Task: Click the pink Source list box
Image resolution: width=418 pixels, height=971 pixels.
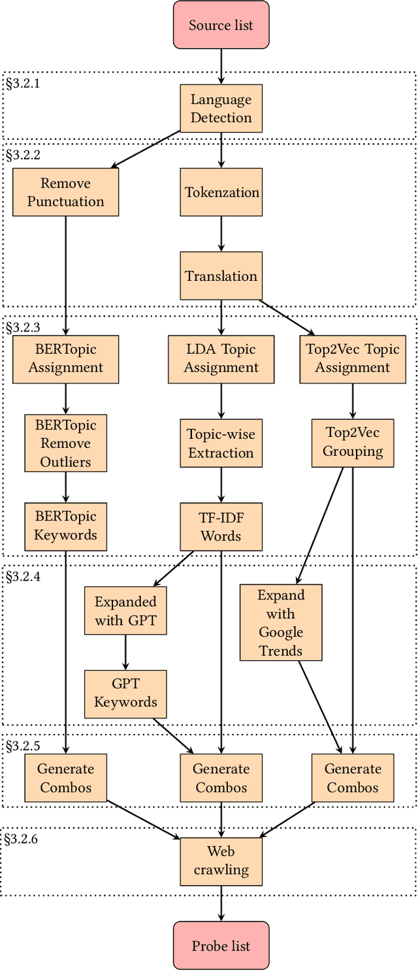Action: (221, 25)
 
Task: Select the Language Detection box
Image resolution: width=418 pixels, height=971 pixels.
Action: (221, 108)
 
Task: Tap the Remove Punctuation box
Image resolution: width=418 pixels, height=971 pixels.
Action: (65, 192)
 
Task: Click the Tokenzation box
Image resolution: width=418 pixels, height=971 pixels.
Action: (221, 192)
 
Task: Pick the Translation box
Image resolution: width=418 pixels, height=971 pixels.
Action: (221, 276)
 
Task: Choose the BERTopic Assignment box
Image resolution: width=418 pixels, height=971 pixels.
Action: (65, 358)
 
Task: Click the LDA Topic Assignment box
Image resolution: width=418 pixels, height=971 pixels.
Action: (221, 358)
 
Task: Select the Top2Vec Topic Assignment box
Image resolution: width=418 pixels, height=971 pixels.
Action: (353, 358)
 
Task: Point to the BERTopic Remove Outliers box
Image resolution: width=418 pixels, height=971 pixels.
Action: (65, 443)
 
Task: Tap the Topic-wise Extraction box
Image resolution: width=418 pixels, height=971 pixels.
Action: (221, 443)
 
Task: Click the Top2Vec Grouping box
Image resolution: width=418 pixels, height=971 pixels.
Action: (353, 443)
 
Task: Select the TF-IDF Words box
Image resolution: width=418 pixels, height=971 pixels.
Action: (221, 526)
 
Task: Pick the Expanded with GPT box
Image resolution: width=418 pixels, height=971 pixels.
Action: (125, 611)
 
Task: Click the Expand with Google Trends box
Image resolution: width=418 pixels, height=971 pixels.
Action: (281, 622)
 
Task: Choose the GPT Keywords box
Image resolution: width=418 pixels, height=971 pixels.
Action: (125, 693)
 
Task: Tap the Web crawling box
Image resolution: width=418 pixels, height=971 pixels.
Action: (221, 861)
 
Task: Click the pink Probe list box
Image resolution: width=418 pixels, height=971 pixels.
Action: (221, 945)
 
